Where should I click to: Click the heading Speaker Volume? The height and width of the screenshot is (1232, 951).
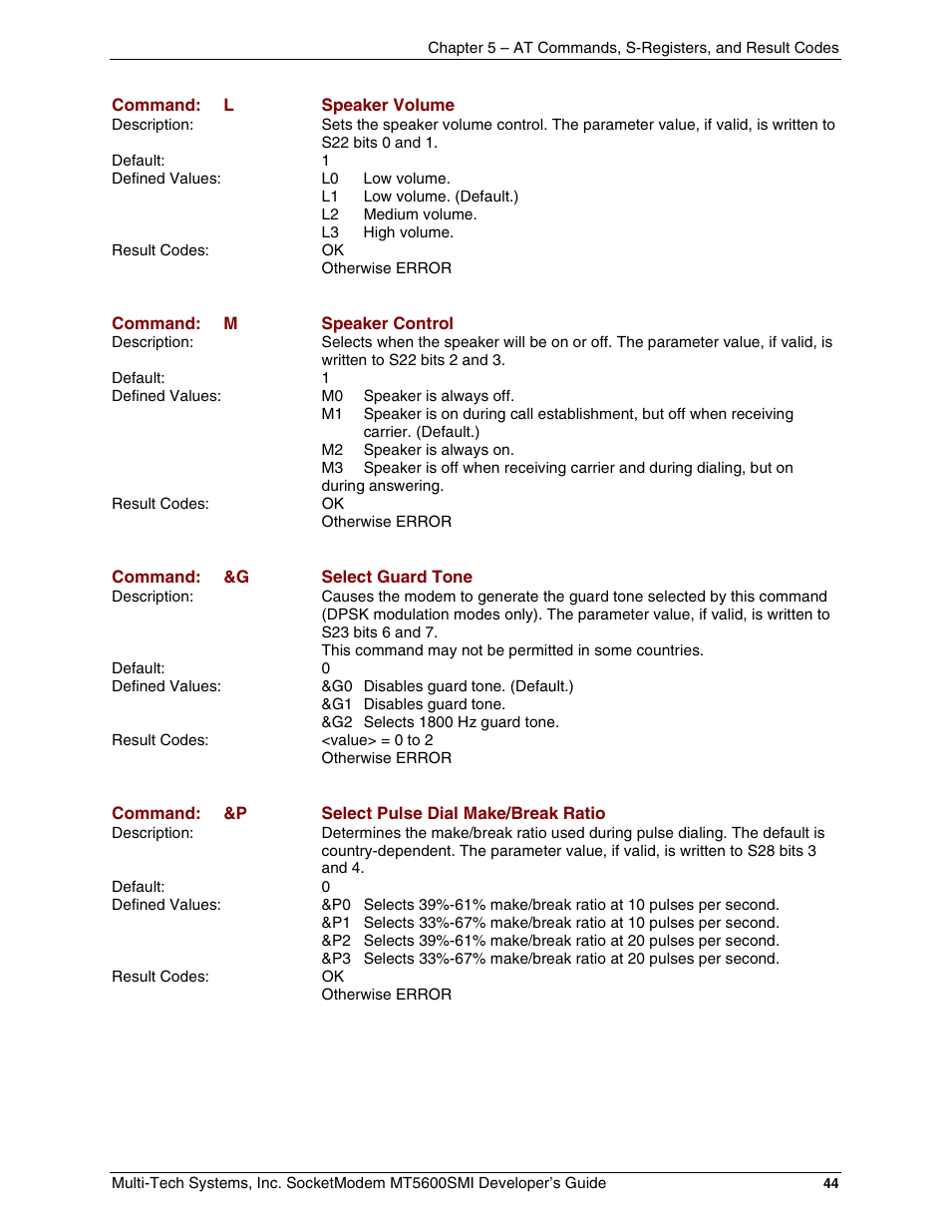(387, 105)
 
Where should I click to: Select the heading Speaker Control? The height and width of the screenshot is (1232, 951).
(387, 323)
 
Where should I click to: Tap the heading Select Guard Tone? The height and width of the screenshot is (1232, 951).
(396, 577)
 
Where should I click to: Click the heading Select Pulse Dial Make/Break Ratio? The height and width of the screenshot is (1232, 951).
(463, 813)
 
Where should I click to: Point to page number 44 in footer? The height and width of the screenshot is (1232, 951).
(830, 1183)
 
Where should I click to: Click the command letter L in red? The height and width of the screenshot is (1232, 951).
(228, 105)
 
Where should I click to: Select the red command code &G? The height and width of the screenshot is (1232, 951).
(236, 577)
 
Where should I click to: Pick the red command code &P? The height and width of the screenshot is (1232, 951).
(235, 813)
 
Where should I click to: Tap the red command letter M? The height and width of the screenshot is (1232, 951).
(230, 323)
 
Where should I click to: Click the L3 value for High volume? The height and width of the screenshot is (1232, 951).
(330, 232)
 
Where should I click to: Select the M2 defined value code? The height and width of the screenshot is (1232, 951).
(332, 450)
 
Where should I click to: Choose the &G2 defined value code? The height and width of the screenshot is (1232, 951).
(337, 722)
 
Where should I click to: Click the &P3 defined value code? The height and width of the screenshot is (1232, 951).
(336, 959)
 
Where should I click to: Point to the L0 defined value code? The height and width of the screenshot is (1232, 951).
(330, 179)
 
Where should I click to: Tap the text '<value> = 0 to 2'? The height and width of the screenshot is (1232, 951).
(377, 740)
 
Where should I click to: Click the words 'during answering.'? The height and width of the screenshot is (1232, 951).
(382, 486)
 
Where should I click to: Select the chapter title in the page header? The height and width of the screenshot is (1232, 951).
(633, 48)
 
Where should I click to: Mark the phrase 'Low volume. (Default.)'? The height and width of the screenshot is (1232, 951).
(441, 197)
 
